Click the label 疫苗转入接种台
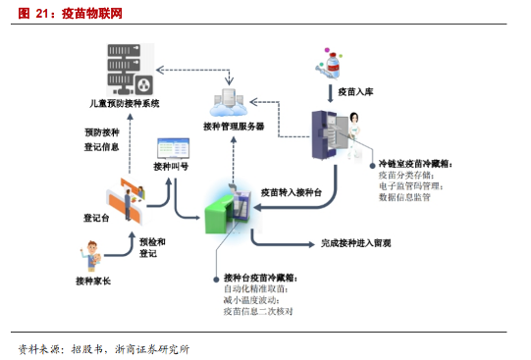292,191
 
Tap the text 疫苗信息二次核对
258,312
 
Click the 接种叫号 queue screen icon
172,150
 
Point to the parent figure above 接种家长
90,258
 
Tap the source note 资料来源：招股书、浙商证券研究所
103,348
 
